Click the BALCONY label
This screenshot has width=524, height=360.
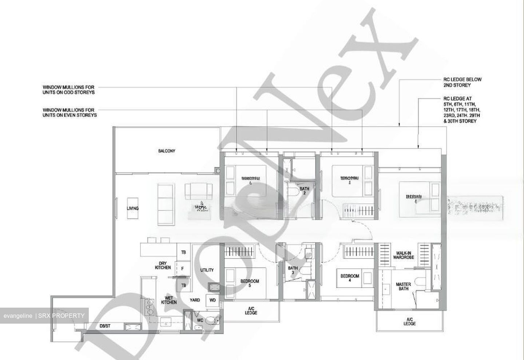coord(167,151)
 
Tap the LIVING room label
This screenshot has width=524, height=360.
coord(132,208)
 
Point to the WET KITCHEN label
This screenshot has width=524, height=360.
coord(169,300)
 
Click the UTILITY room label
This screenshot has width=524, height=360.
coord(207,270)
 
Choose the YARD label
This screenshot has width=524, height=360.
coord(195,300)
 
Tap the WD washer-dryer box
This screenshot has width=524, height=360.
coord(213,301)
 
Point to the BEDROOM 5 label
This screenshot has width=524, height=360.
coord(250,283)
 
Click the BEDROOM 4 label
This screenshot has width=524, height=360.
coord(350,278)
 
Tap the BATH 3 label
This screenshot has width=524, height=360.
coord(293,271)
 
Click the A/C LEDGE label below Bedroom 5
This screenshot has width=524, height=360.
coord(251,311)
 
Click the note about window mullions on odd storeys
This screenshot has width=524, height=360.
coord(69,90)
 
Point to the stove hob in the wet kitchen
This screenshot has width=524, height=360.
coord(149,307)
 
